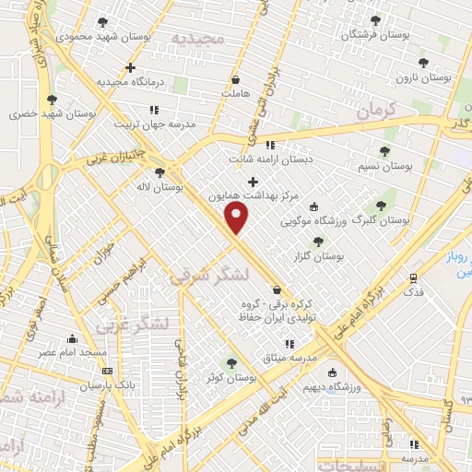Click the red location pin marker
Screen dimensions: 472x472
point(237,218)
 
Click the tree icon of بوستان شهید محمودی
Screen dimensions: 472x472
point(101,22)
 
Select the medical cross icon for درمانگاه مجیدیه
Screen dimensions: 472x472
point(130,67)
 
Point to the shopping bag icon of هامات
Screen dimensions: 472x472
point(236,79)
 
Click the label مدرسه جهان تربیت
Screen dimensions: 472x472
point(156,124)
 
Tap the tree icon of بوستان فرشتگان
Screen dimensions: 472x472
point(373,20)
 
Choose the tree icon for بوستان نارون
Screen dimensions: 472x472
point(423,63)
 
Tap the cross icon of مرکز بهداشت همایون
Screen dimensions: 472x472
point(253,181)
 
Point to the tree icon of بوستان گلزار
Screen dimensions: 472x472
point(318,242)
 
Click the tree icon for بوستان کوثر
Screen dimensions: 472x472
point(231,363)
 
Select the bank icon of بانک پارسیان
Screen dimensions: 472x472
point(108,371)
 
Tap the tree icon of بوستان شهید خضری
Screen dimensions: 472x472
point(52,100)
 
